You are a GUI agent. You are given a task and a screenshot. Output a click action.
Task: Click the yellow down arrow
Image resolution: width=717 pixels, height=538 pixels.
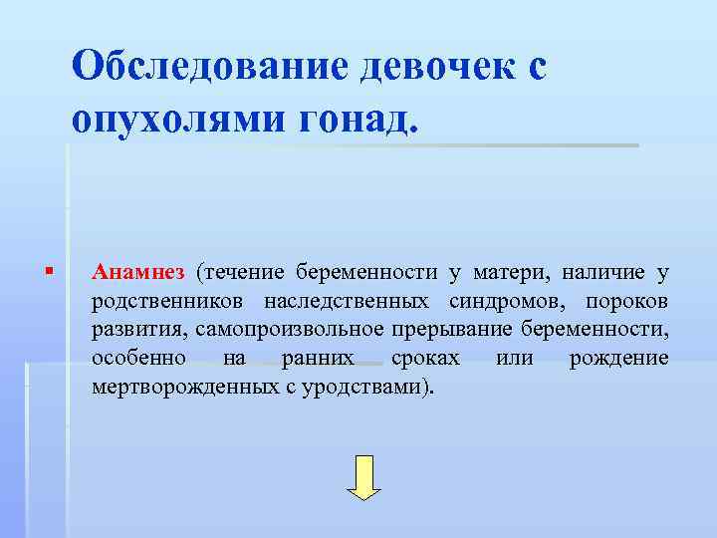coord(363,477)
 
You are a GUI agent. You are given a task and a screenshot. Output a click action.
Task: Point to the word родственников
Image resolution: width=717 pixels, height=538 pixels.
coord(169,300)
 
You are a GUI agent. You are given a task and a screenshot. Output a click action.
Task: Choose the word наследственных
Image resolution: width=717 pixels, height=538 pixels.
coord(347,300)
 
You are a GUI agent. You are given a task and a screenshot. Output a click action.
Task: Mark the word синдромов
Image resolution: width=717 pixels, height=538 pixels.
coord(503,300)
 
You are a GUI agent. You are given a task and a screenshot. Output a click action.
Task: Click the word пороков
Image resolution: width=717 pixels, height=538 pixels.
coord(627,300)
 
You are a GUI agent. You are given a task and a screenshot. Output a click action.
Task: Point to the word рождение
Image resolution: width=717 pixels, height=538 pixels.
coord(618,358)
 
